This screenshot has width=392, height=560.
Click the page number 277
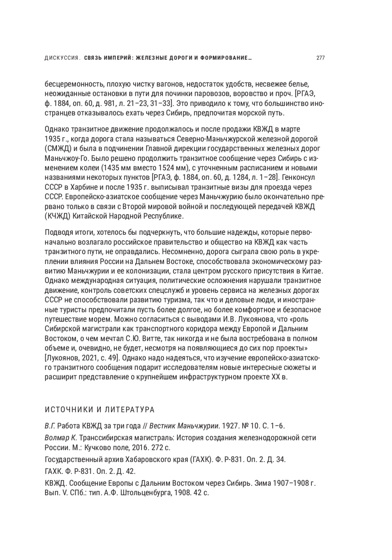point(320,58)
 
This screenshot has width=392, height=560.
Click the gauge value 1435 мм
point(119,168)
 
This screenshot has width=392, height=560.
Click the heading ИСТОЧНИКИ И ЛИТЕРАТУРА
point(100,409)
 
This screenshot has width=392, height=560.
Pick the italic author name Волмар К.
point(60,437)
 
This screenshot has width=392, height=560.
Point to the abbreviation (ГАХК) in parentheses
point(200,459)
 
